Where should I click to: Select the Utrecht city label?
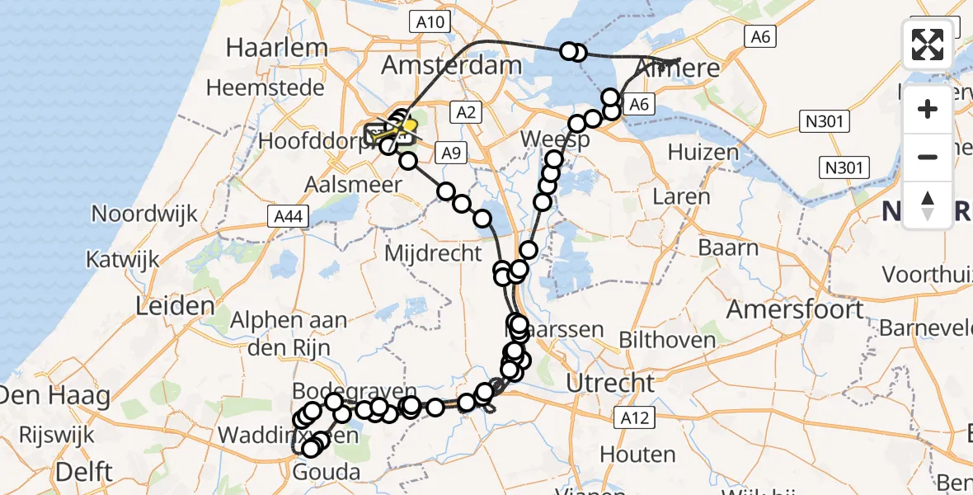click(611, 383)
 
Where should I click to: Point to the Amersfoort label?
click(796, 310)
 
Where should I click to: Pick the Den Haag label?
click(55, 396)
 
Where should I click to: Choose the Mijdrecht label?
click(444, 252)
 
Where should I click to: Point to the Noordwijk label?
click(144, 214)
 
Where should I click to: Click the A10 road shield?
click(430, 22)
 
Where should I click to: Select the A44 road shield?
click(283, 217)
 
